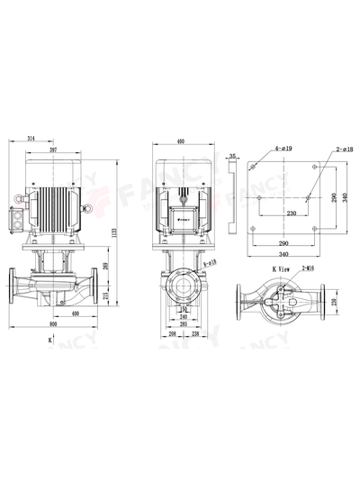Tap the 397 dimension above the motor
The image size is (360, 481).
click(x=53, y=150)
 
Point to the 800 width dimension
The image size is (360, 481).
click(x=53, y=323)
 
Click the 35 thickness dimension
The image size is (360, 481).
click(x=232, y=156)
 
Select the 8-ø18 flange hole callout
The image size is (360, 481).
click(x=210, y=262)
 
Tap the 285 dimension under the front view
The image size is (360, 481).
click(x=184, y=323)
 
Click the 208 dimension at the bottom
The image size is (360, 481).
click(x=173, y=333)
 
